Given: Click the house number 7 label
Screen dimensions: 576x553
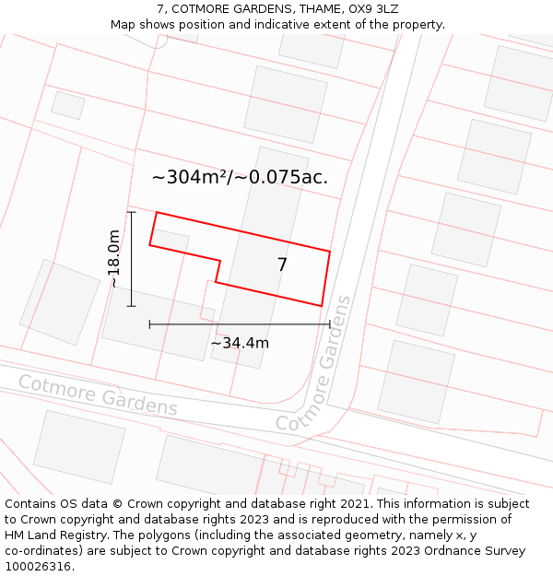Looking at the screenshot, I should click(282, 265).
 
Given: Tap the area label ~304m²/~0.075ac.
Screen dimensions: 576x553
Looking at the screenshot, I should click(240, 177).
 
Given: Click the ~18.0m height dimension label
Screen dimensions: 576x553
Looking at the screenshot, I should click(113, 259).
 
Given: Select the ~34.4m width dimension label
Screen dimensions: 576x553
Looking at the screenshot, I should click(240, 343).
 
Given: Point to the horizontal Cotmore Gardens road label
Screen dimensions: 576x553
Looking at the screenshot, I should click(98, 394).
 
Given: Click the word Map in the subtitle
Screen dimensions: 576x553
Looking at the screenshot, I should click(124, 25).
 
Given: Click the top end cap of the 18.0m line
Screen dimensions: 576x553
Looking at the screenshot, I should click(131, 213).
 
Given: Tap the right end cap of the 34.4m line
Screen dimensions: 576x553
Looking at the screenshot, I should click(329, 324).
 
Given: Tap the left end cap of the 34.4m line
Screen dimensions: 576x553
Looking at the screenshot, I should click(149, 324).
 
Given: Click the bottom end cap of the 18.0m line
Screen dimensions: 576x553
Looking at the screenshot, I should click(131, 305).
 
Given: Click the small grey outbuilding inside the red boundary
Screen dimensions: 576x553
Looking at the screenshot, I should click(171, 241).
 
